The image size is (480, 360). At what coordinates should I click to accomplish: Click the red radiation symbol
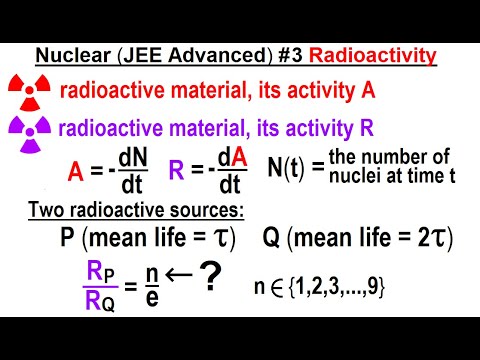click(x=29, y=91)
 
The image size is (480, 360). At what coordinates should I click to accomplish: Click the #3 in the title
click(x=309, y=56)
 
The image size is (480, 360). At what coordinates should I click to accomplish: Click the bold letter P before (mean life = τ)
click(x=68, y=238)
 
